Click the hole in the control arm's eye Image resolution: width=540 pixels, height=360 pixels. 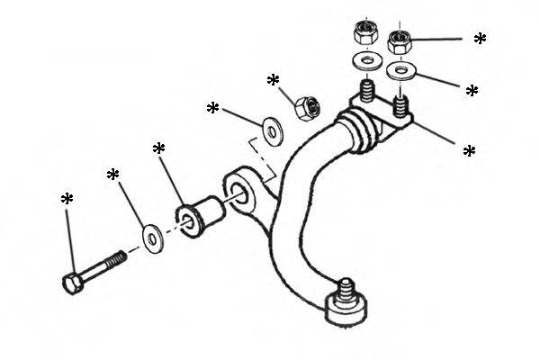(238, 186)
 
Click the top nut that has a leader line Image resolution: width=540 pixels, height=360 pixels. (400, 40)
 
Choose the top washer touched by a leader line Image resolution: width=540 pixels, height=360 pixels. (400, 70)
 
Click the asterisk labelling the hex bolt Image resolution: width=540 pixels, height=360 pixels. (67, 199)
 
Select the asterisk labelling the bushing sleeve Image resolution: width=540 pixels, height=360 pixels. (159, 148)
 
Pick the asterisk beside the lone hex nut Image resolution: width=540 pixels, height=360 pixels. (274, 81)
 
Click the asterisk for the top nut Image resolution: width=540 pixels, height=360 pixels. (480, 39)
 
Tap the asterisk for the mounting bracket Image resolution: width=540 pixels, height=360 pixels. (469, 151)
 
